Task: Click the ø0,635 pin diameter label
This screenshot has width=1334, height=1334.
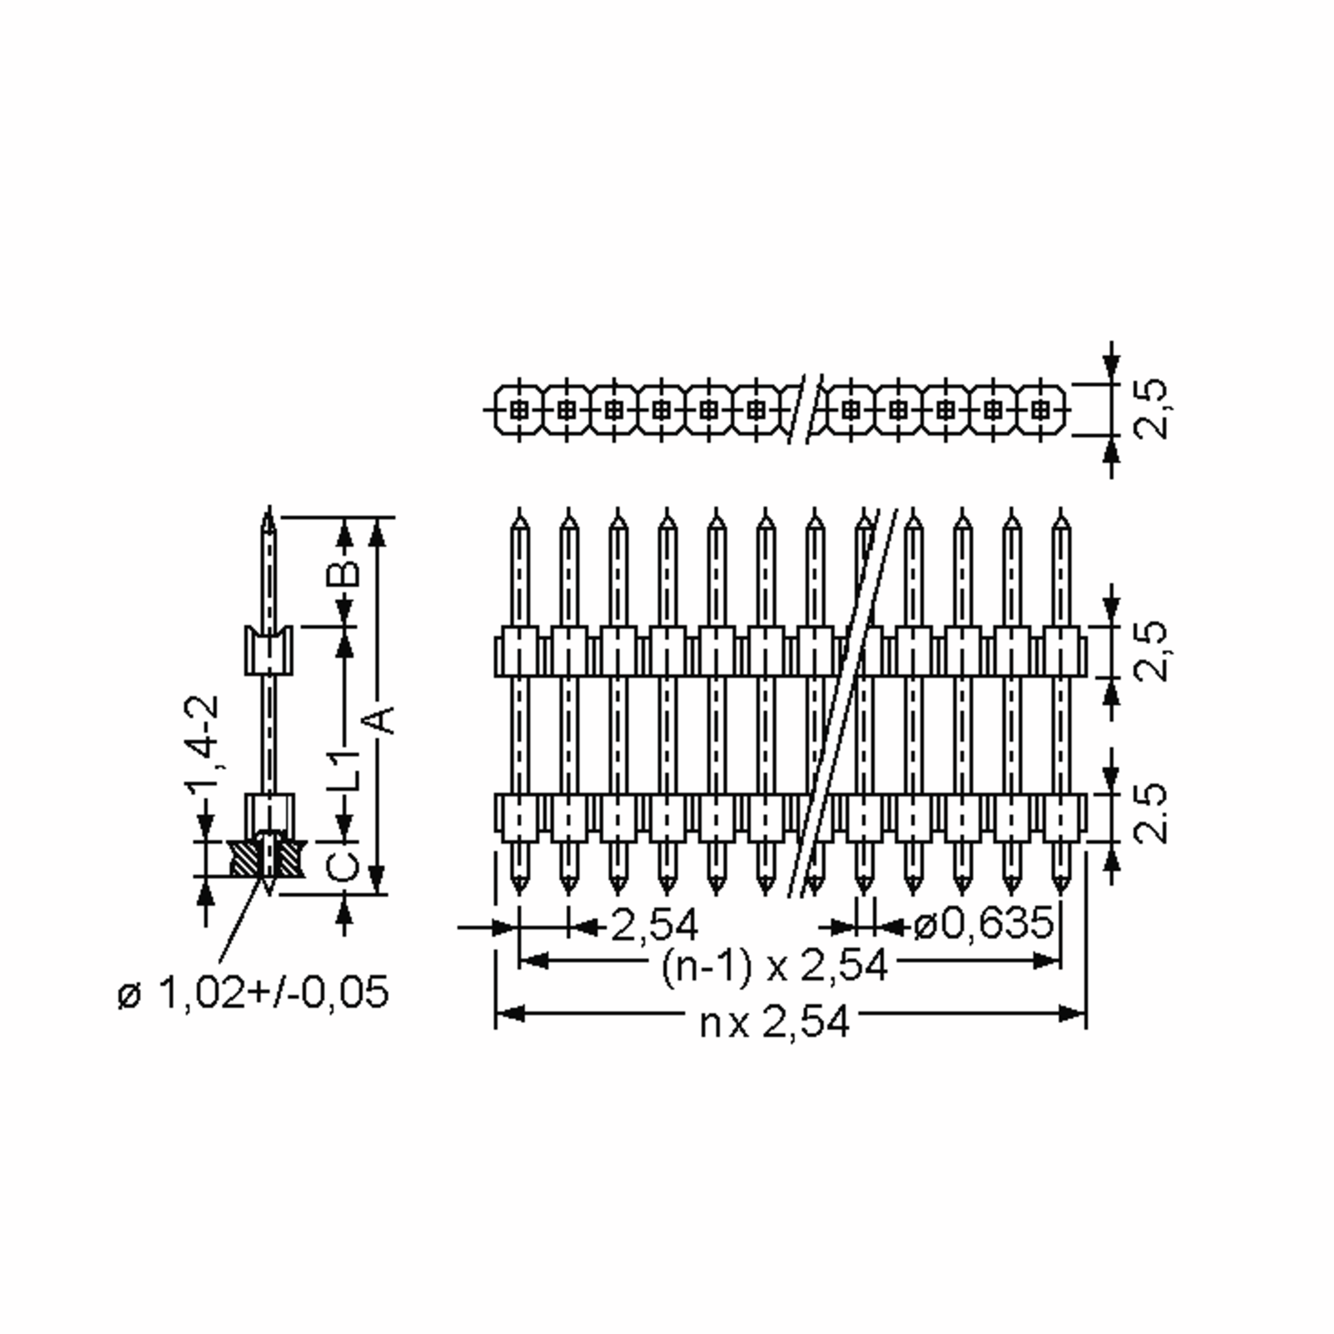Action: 983,924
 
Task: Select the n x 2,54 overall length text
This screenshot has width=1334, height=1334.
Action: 775,1023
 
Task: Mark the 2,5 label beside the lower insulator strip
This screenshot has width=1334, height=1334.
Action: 1151,813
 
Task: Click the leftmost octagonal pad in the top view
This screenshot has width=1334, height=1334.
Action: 519,410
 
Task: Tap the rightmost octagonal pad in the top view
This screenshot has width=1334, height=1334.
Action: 1040,410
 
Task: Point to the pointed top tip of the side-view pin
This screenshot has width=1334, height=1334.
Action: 269,508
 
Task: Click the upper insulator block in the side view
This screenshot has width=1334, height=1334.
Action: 269,650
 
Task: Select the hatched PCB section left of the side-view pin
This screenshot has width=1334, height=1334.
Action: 246,859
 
